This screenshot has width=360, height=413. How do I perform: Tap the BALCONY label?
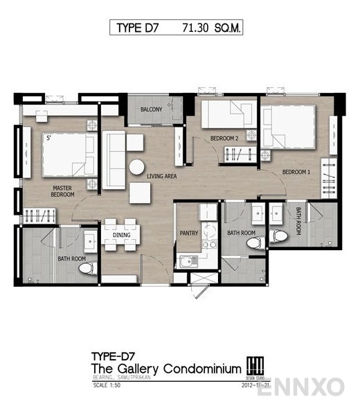(x=152, y=109)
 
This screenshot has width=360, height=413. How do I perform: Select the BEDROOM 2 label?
(x=225, y=139)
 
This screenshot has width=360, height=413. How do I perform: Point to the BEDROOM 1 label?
(x=296, y=171)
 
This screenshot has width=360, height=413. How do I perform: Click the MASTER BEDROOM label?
(x=62, y=191)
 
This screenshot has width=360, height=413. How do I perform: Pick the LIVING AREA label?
(x=161, y=176)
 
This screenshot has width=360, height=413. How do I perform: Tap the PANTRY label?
(x=188, y=234)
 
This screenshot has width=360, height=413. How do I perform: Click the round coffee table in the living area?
(x=136, y=166)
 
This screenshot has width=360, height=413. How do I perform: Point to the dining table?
(x=122, y=233)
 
